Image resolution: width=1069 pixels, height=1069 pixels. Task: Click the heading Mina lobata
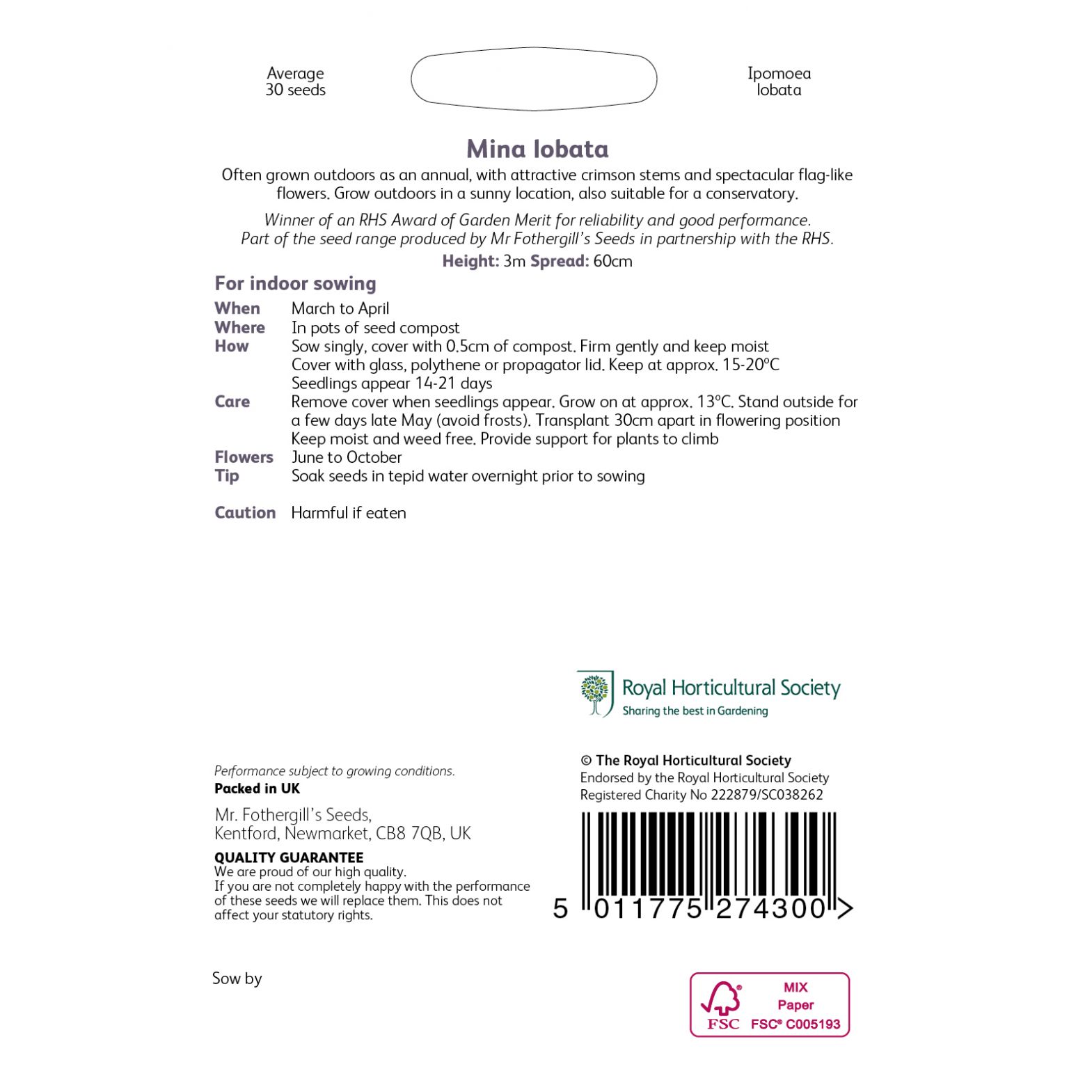coord(537,149)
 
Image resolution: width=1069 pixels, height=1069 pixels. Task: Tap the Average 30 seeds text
coord(295,81)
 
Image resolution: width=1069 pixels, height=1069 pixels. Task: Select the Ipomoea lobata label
coord(779,81)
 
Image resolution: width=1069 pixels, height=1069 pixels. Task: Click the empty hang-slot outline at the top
coord(534,79)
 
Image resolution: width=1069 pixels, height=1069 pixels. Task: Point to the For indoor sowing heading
coord(295,283)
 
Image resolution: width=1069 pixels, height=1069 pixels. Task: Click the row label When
coord(237,308)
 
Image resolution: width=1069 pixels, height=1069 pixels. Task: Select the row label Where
coord(239,327)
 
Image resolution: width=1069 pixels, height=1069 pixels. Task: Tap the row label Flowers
coord(244,457)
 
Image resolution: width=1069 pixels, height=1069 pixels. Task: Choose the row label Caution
coord(245,512)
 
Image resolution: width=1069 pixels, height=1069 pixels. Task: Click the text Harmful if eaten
coord(349,513)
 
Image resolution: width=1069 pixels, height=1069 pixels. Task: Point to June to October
coord(347,457)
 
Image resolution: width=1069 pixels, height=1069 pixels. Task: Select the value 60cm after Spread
coord(612,262)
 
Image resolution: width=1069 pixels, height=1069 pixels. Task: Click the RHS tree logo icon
coord(595,693)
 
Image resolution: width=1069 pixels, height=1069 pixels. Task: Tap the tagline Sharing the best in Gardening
coord(695,711)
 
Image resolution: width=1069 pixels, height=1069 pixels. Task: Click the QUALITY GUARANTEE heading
coord(289,857)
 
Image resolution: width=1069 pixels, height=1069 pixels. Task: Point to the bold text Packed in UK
coord(257,789)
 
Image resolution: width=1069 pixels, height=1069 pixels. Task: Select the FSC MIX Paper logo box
coord(769,1004)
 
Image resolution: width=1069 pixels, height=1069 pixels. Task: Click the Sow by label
coord(237,979)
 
